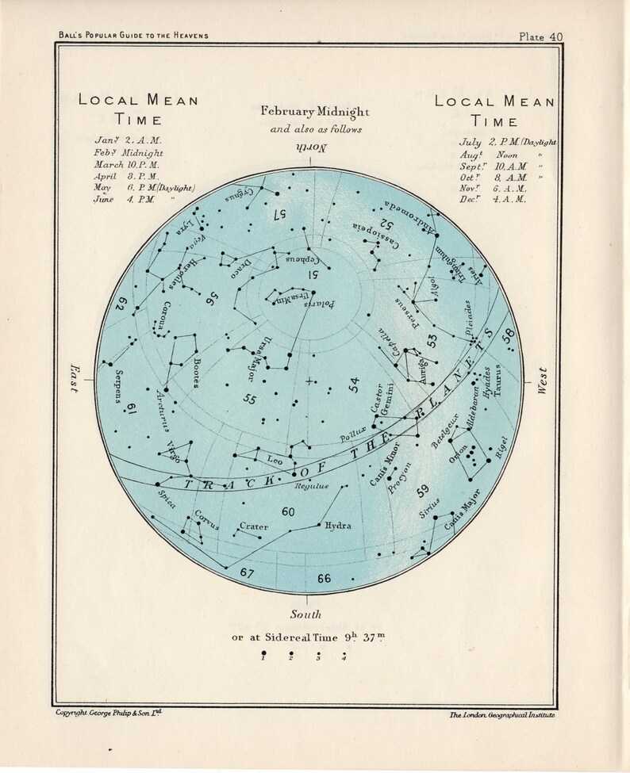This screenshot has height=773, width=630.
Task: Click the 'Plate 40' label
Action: (540, 36)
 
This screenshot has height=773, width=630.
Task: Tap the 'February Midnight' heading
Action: (313, 113)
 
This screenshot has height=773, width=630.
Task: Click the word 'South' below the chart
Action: (306, 615)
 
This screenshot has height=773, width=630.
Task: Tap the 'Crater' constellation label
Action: (253, 526)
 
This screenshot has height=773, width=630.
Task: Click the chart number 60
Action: (288, 512)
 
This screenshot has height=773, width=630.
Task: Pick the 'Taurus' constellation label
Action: (498, 382)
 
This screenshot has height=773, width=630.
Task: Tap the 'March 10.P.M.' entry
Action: (127, 164)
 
